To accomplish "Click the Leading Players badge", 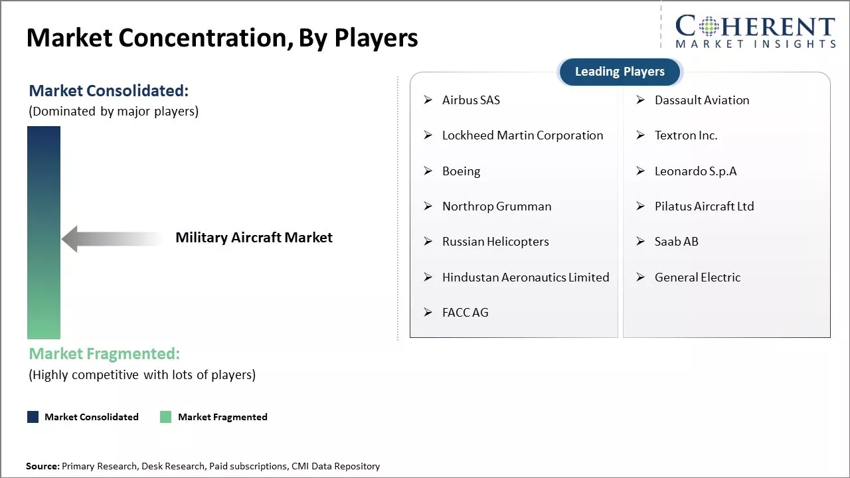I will tap(620, 72).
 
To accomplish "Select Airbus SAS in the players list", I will tap(471, 100).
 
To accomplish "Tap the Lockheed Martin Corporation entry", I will tap(523, 135).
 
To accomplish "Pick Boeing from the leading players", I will tap(461, 171).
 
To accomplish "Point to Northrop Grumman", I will tap(497, 206).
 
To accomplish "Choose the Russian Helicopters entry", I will tap(495, 242).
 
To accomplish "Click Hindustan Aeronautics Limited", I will tap(525, 278).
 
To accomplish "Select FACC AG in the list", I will tap(465, 313).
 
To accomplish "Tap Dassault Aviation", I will tap(702, 100).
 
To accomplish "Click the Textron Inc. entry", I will tap(686, 135).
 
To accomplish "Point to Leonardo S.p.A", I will tap(695, 171).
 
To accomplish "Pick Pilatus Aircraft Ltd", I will tap(704, 206).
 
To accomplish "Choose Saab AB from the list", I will tap(676, 242).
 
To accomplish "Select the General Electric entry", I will tap(697, 278).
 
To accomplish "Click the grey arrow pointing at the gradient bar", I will tap(110, 239).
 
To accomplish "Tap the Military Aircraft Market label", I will tap(254, 238).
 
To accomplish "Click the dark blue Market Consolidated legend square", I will tap(33, 417).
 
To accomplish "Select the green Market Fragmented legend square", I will tap(166, 417).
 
